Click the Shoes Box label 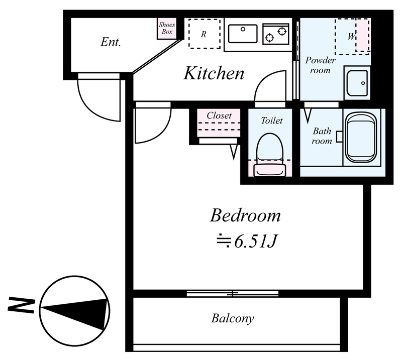(x=167, y=28)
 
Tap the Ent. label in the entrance (x=111, y=42)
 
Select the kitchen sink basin (x=243, y=34)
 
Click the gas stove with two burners (x=276, y=34)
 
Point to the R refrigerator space (x=205, y=34)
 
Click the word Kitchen (x=214, y=73)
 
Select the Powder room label (x=320, y=65)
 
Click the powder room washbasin (x=357, y=83)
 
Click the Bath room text (x=322, y=136)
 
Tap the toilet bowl (x=270, y=154)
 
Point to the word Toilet (x=272, y=121)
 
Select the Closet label (x=219, y=115)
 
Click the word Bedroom (x=245, y=216)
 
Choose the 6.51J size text (x=255, y=241)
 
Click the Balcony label (x=233, y=318)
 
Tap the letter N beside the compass (x=21, y=305)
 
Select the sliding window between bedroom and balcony (x=233, y=293)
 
